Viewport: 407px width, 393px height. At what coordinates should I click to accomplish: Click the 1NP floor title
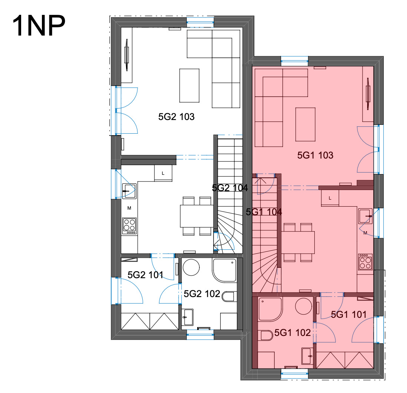[39, 26]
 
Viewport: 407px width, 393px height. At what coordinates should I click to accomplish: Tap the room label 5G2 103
[176, 117]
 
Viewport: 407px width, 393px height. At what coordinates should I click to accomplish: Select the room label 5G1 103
[315, 155]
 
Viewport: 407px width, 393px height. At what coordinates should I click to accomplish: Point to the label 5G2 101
[145, 275]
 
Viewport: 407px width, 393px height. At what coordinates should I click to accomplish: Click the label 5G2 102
[202, 294]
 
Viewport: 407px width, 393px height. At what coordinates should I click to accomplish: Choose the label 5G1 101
[348, 314]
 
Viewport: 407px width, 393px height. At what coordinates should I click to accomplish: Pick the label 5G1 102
[292, 333]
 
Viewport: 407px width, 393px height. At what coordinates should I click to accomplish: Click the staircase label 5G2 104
[230, 188]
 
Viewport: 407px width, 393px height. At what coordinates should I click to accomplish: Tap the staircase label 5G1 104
[264, 212]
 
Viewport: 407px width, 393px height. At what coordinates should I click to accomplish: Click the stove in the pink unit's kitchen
[365, 262]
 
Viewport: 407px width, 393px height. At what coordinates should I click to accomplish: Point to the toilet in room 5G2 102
[229, 296]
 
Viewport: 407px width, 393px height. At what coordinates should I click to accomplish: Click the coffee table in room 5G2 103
[189, 86]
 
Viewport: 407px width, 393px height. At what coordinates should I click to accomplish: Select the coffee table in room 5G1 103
[305, 124]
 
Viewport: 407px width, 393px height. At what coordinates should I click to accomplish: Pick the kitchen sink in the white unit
[129, 191]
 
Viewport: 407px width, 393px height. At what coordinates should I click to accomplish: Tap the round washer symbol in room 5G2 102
[191, 267]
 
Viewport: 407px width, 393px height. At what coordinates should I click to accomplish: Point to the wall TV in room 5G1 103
[368, 94]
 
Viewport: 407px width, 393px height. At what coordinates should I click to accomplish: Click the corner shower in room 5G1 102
[270, 309]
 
